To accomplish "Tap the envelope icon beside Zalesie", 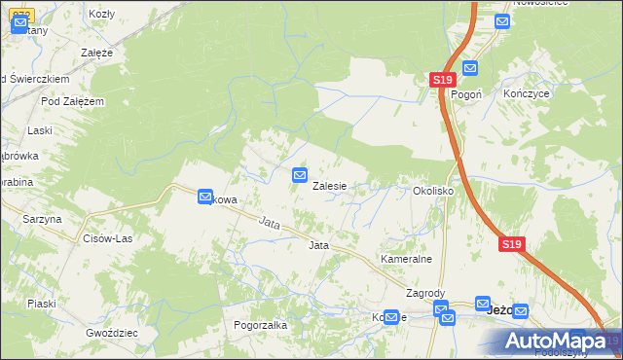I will tap(301, 175).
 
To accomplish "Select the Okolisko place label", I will tap(433, 192).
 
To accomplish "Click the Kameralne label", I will tap(406, 260).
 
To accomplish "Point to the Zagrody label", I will tap(425, 294).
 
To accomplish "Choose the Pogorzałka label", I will tap(260, 325).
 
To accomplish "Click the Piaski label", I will tap(41, 304).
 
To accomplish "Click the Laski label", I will tap(40, 129).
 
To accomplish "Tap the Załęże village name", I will tap(97, 52).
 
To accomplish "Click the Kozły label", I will tap(101, 14).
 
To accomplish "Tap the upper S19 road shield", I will tap(443, 80).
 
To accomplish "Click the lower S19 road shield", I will tap(513, 245).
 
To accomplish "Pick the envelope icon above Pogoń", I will tap(470, 68).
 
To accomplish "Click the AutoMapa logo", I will tap(555, 341).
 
